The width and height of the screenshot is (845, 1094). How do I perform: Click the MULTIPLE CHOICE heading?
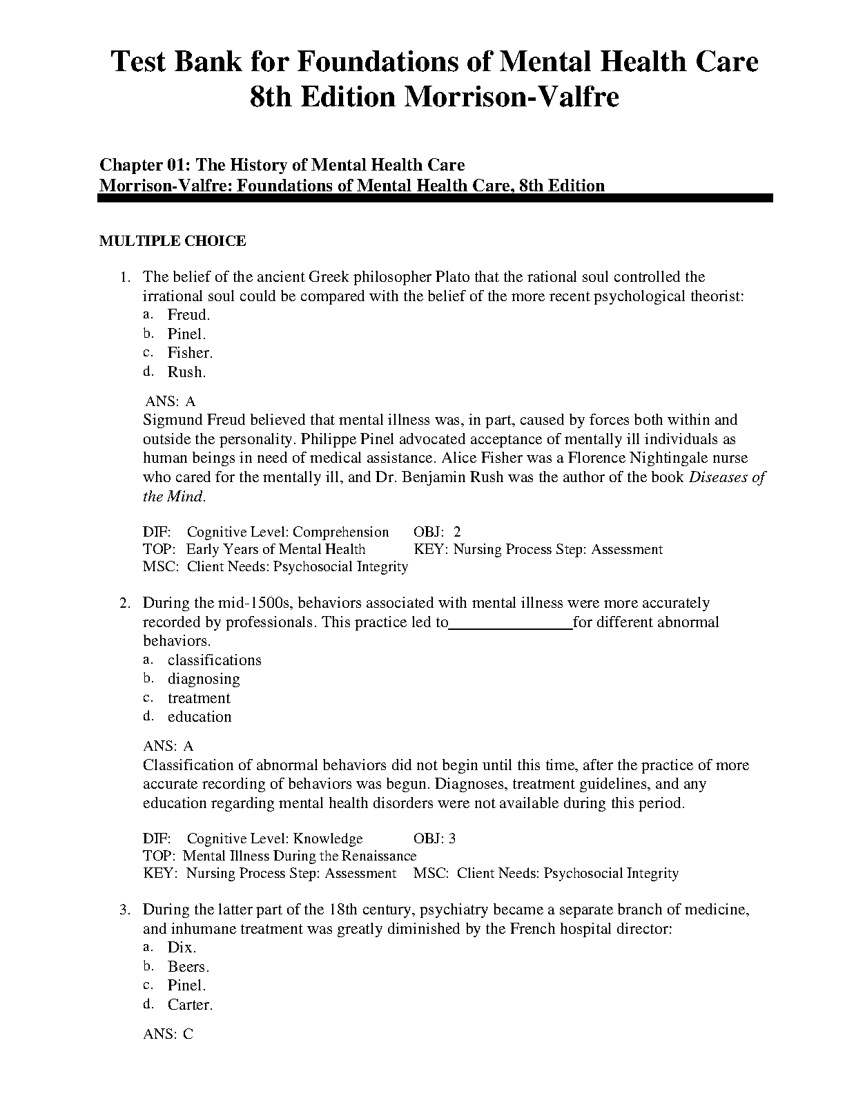pyautogui.click(x=173, y=241)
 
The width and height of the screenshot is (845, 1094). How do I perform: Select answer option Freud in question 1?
pyautogui.click(x=188, y=315)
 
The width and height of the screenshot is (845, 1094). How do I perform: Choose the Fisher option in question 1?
pyautogui.click(x=190, y=353)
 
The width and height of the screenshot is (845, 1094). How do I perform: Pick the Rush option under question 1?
pyautogui.click(x=186, y=372)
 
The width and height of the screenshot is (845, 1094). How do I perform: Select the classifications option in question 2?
pyautogui.click(x=214, y=660)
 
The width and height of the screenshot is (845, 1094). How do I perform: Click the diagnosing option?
pyautogui.click(x=204, y=679)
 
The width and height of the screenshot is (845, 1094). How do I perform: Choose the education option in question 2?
pyautogui.click(x=200, y=717)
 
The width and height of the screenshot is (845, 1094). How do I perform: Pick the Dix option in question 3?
pyautogui.click(x=182, y=948)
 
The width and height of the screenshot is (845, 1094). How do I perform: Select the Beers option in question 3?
pyautogui.click(x=188, y=967)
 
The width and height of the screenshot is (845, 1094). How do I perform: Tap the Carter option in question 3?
pyautogui.click(x=190, y=1005)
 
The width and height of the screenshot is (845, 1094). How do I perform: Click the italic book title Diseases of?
pyautogui.click(x=727, y=477)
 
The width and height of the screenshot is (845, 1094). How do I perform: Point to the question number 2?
pyautogui.click(x=125, y=604)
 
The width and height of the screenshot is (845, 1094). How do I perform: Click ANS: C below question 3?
pyautogui.click(x=168, y=1035)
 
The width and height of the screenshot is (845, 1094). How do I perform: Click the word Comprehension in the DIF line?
pyautogui.click(x=340, y=532)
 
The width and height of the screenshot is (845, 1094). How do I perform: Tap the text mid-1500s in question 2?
pyautogui.click(x=256, y=603)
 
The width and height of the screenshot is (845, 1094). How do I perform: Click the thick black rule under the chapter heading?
pyautogui.click(x=435, y=198)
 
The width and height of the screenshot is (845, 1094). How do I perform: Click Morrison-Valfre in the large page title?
pyautogui.click(x=511, y=97)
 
